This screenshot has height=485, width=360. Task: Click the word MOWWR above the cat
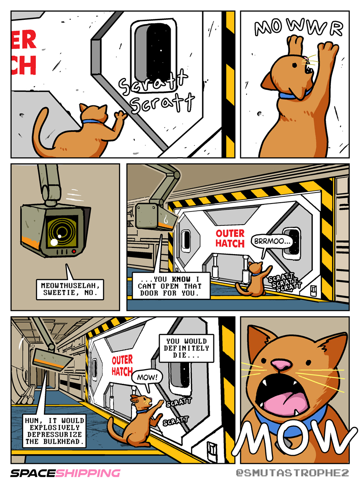pyautogui.click(x=299, y=27)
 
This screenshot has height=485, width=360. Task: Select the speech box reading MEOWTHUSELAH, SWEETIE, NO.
pyautogui.click(x=70, y=289)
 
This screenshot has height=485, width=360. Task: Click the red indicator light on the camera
pyautogui.click(x=74, y=252)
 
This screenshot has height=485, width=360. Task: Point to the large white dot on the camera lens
pyautogui.click(x=54, y=243)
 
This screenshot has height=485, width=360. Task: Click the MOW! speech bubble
pyautogui.click(x=148, y=378)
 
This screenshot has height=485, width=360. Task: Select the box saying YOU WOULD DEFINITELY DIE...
pyautogui.click(x=187, y=348)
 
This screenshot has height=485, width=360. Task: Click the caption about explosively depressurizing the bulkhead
pyautogui.click(x=54, y=431)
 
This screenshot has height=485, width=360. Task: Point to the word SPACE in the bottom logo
pyautogui.click(x=33, y=473)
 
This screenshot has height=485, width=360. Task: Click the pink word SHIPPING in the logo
pyautogui.click(x=88, y=473)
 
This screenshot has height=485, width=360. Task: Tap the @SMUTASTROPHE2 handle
pyautogui.click(x=292, y=473)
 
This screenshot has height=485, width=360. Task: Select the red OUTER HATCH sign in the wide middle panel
pyautogui.click(x=230, y=238)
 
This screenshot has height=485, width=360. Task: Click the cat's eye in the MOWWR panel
pyautogui.click(x=295, y=65)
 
